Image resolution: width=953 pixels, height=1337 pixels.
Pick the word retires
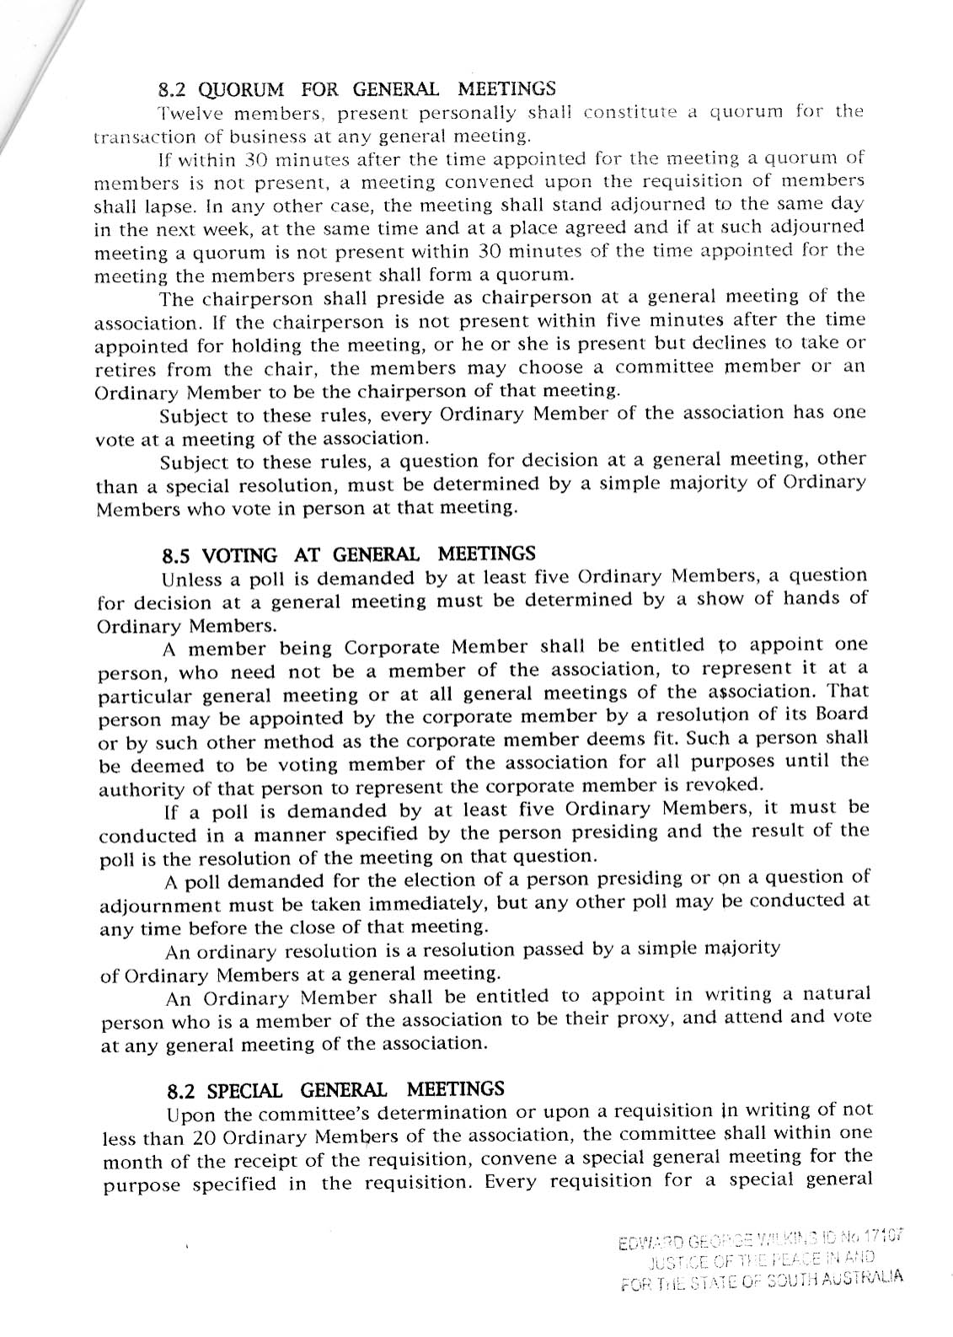click(126, 368)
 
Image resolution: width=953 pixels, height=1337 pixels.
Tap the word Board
click(843, 714)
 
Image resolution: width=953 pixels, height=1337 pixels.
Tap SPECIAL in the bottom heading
click(246, 1090)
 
